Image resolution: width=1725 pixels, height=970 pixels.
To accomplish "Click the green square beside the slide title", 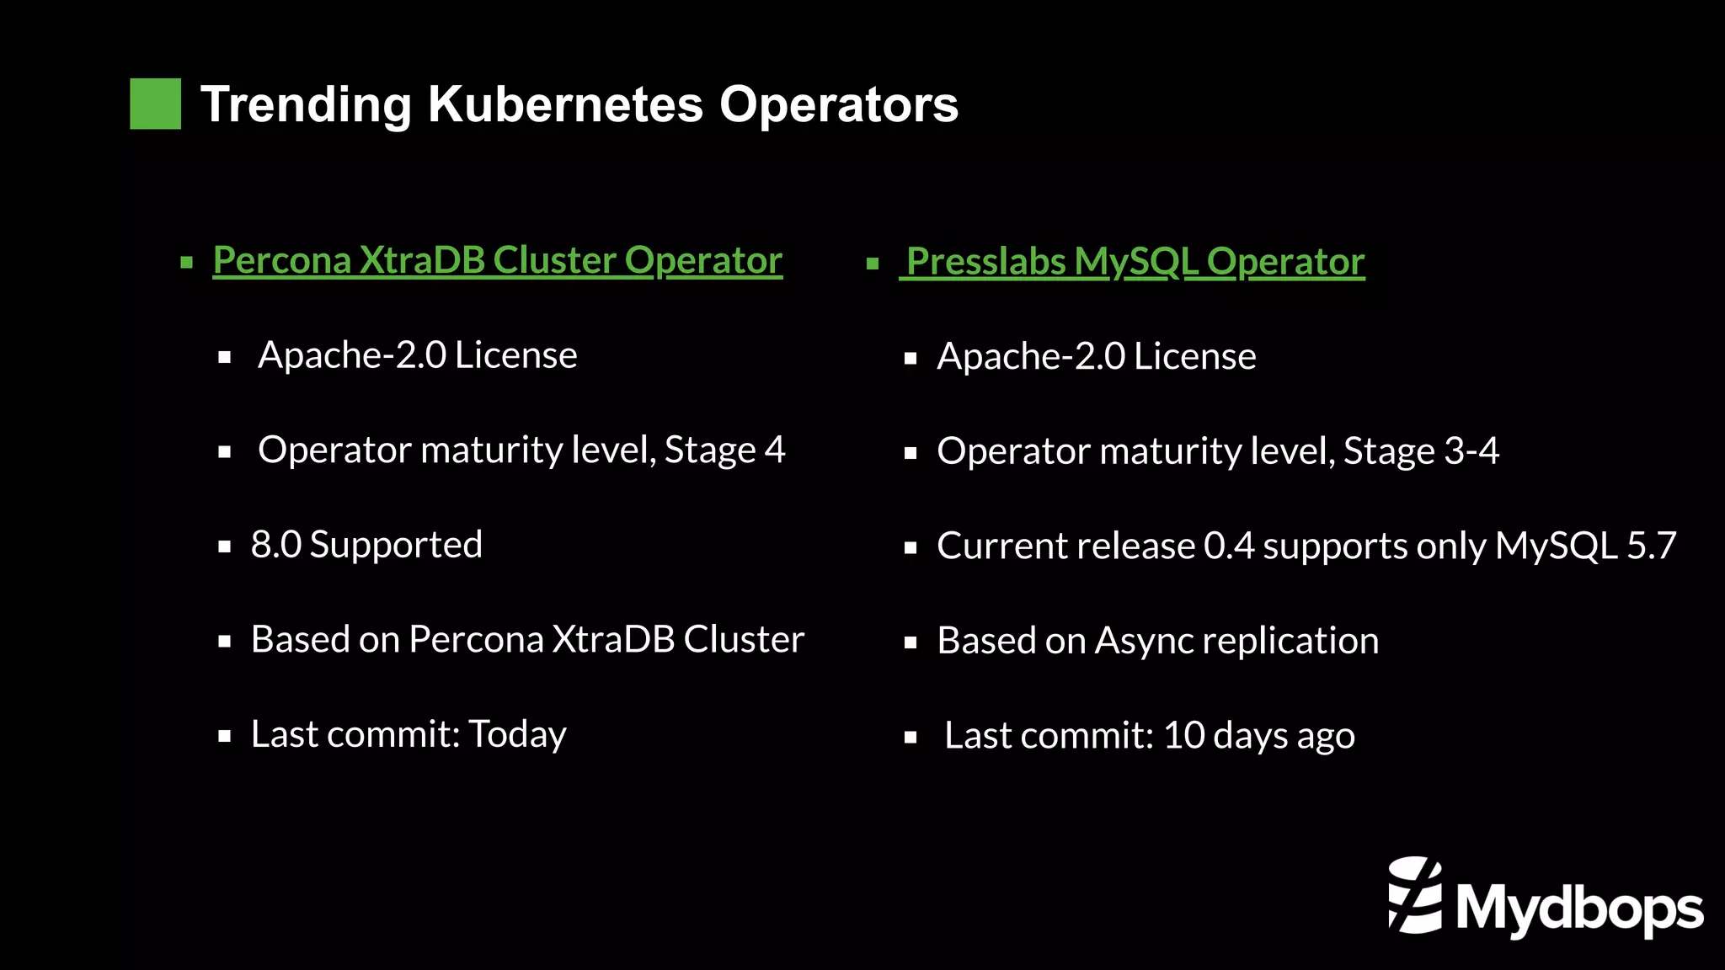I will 155,104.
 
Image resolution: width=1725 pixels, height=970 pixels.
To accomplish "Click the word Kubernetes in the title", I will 565,104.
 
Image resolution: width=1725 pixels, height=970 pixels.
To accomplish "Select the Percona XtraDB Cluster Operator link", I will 497,260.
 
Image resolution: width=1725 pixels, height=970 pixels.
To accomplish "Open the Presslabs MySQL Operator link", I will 1134,262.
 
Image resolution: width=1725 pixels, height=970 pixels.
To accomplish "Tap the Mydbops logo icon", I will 1415,896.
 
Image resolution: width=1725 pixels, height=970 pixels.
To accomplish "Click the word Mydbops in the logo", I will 1580,909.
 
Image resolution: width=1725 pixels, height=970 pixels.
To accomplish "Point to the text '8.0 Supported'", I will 366,545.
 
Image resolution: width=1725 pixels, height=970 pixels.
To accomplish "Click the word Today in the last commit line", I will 517,734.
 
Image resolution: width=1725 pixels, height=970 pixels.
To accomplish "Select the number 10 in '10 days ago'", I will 1183,736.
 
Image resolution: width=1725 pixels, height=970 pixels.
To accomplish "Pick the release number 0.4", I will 1229,546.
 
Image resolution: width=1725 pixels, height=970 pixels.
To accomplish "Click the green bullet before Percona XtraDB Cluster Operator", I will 187,263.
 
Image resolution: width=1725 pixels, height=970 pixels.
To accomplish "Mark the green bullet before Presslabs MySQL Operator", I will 873,264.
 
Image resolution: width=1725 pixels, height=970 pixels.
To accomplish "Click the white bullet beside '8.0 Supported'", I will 224,547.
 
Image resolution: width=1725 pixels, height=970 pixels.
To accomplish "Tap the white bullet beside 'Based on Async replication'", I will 910,643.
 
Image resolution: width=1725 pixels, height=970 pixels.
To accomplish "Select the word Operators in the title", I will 838,104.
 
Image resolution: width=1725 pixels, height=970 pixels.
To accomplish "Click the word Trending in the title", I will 305,104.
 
